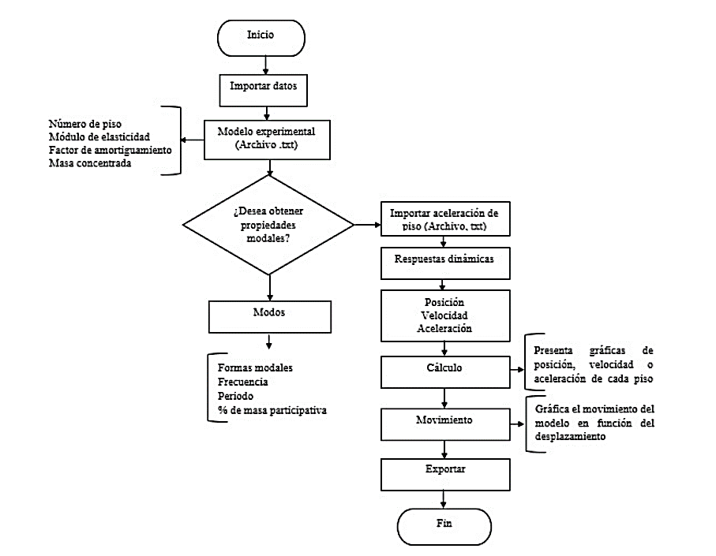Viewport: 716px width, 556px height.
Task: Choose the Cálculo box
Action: click(444, 368)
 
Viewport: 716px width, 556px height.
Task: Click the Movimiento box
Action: click(444, 421)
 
